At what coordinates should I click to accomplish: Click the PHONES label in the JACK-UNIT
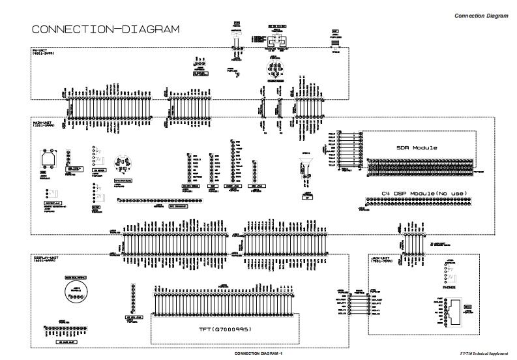(x=450, y=285)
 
